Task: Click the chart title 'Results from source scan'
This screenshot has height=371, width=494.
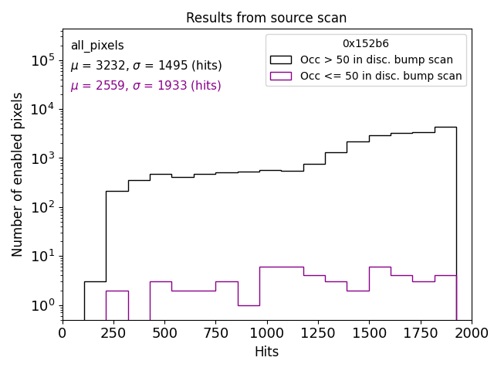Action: point(266,18)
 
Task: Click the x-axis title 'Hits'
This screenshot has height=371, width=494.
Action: point(266,352)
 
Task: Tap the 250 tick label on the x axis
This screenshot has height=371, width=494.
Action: point(113,332)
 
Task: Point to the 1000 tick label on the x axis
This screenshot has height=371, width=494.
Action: point(266,332)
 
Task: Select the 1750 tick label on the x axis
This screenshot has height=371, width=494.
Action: point(420,332)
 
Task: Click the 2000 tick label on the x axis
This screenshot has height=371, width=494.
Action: point(471,332)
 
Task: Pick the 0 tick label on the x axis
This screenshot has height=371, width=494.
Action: point(63,332)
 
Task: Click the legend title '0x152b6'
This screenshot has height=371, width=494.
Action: point(366,44)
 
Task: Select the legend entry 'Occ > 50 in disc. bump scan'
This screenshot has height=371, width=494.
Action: point(377,60)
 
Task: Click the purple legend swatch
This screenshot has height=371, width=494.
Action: point(281,76)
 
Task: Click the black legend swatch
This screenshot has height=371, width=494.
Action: point(281,60)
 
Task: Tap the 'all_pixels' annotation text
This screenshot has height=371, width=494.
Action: point(97,46)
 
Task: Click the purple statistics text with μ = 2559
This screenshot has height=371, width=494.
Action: point(146,86)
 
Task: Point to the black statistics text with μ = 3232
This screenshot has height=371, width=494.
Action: point(146,66)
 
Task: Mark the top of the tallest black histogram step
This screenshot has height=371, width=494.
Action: point(445,127)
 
